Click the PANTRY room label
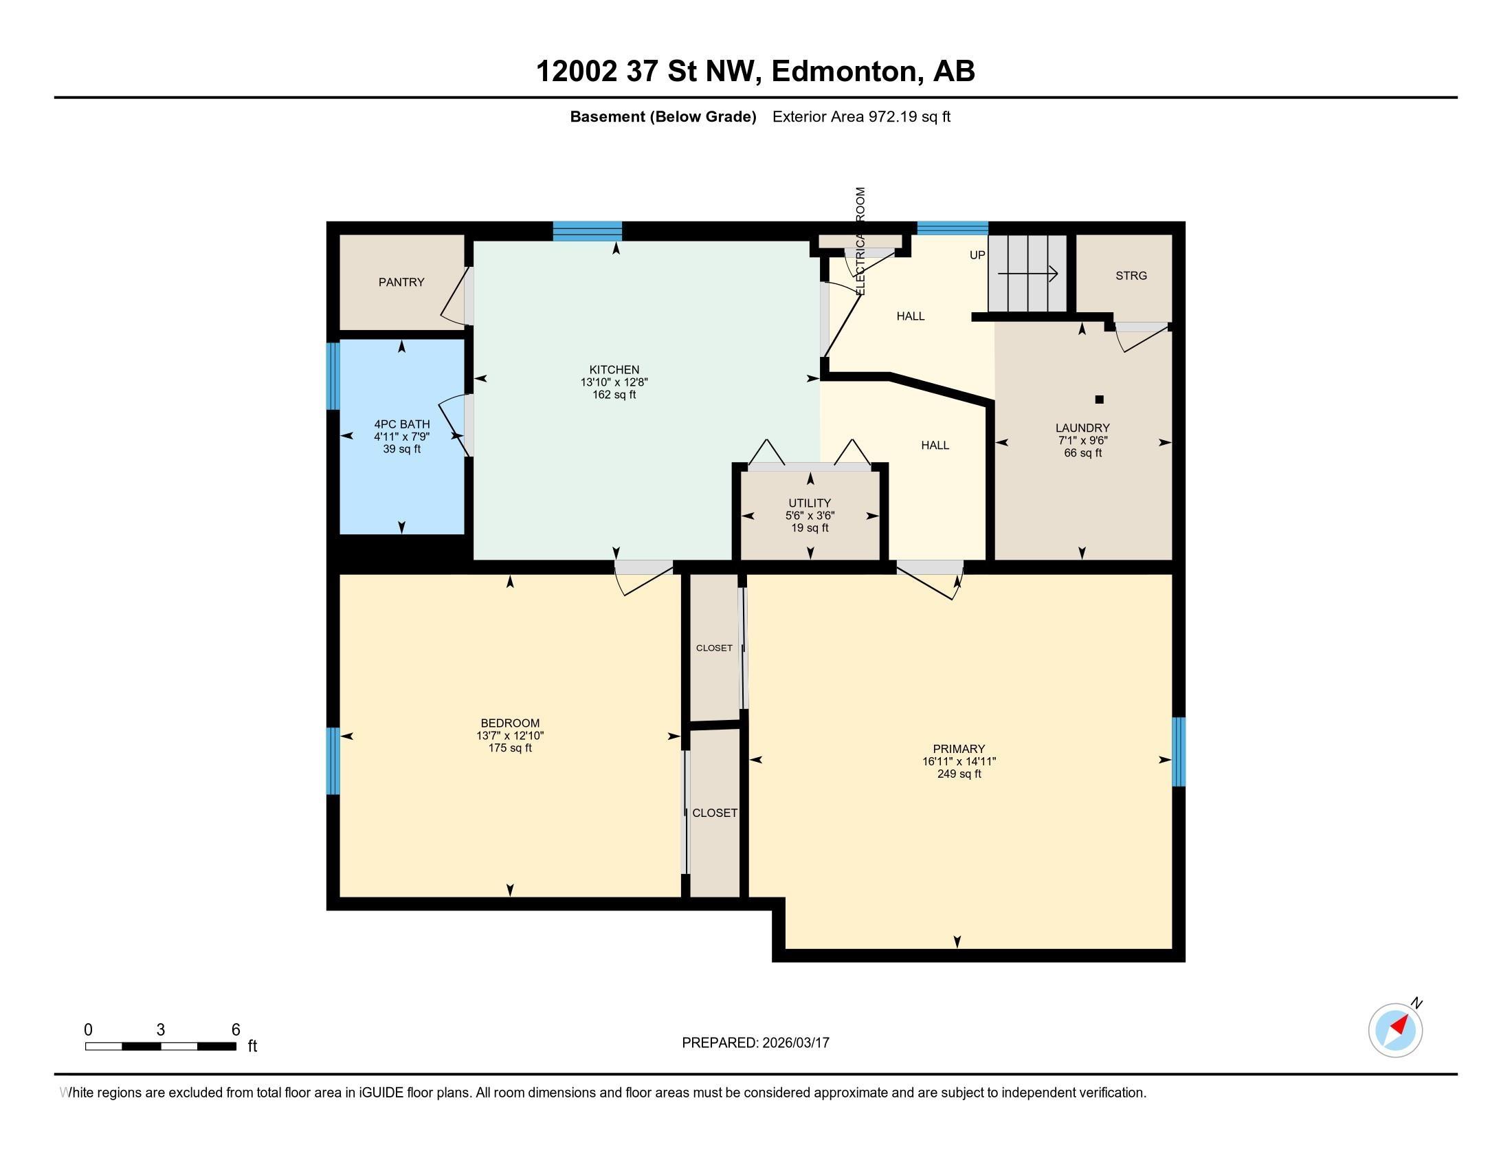tap(401, 282)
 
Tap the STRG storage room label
tap(1131, 276)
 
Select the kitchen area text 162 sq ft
tap(614, 395)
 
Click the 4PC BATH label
tap(401, 424)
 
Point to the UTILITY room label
tap(810, 503)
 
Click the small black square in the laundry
tap(1099, 400)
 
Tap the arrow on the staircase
tap(1027, 274)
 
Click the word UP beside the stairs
tap(977, 255)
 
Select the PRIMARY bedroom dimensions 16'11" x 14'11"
tap(958, 761)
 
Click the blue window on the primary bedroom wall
tap(1178, 752)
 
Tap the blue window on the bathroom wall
tap(333, 376)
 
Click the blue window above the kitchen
tap(587, 230)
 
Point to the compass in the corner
tap(1395, 1030)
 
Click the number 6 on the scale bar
tap(235, 1029)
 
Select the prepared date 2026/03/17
tap(794, 1042)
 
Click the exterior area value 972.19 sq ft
tap(909, 117)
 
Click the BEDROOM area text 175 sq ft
tap(509, 748)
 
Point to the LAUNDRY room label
tap(1082, 428)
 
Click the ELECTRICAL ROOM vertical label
tap(860, 240)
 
